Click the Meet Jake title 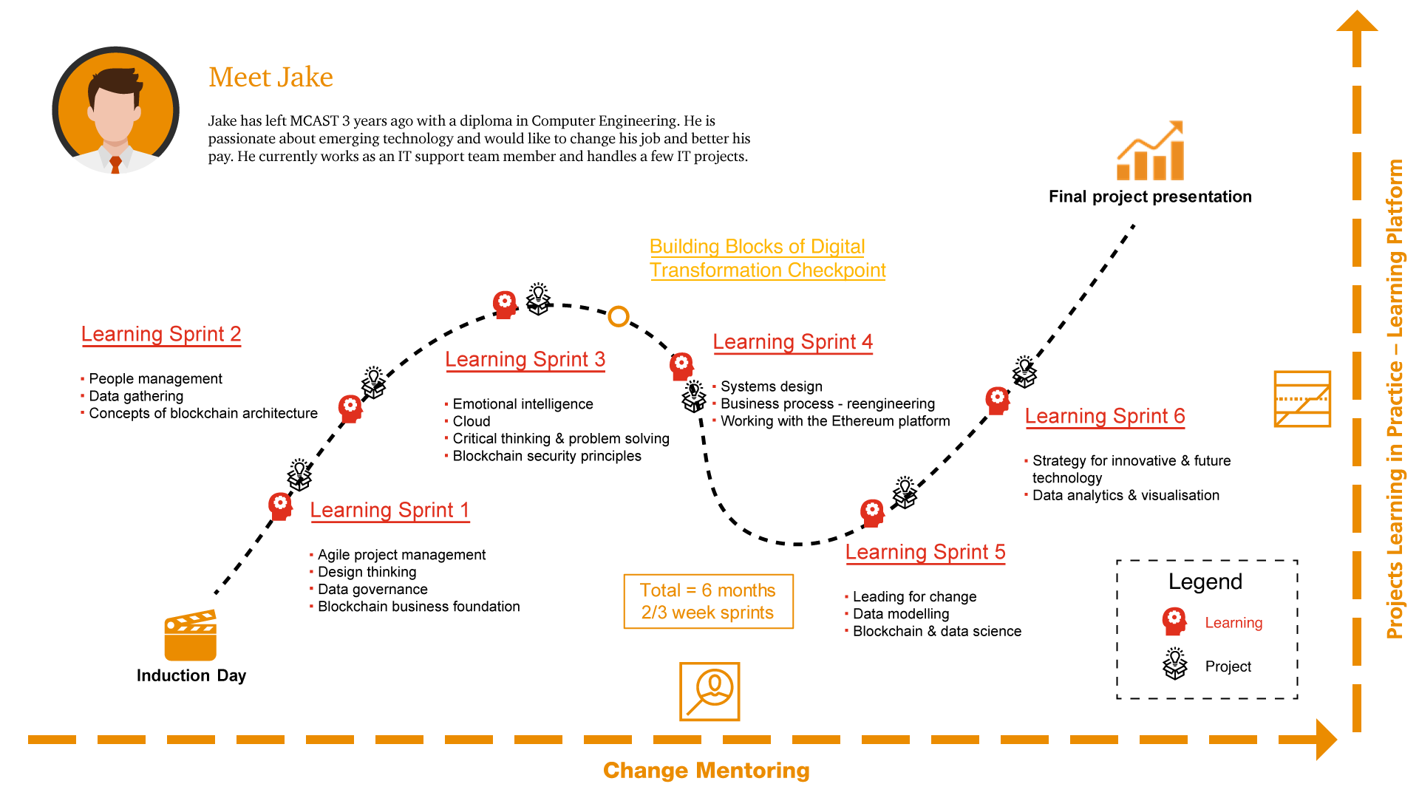(x=270, y=77)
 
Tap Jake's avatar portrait (x=115, y=110)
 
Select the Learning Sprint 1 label (x=389, y=510)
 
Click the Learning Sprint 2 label (x=161, y=334)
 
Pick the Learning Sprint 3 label (x=525, y=359)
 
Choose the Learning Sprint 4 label (x=792, y=341)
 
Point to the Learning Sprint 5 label (x=925, y=552)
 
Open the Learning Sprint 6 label (x=1104, y=416)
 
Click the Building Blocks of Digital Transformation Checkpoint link (x=767, y=258)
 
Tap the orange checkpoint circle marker (x=619, y=316)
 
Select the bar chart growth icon (x=1151, y=151)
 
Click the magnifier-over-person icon (x=709, y=692)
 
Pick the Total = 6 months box (x=708, y=601)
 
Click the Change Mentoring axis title (x=707, y=771)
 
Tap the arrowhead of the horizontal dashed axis (x=1327, y=739)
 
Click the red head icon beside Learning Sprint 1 (x=280, y=507)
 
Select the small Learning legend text (x=1233, y=623)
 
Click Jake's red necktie (x=115, y=165)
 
